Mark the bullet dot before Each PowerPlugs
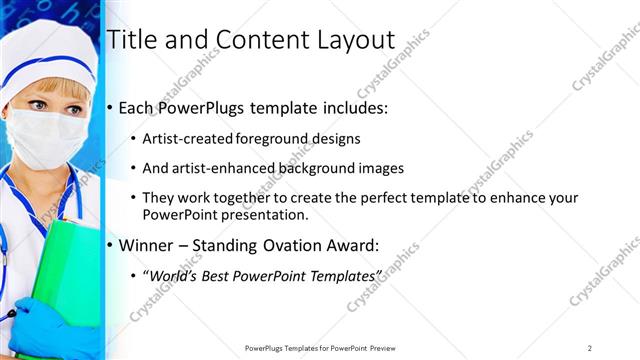pos(110,108)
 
